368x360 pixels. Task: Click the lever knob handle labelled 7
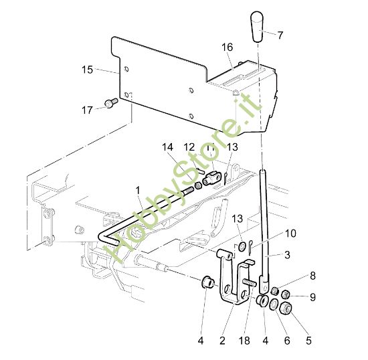[x=257, y=27]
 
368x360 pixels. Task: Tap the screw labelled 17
[x=111, y=103]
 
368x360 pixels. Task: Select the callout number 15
[x=87, y=70]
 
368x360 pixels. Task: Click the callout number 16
[x=227, y=47]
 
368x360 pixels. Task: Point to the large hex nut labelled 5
[x=286, y=307]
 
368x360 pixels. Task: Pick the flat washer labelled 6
[x=274, y=304]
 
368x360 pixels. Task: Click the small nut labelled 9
[x=285, y=294]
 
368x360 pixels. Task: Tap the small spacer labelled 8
[x=275, y=291]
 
